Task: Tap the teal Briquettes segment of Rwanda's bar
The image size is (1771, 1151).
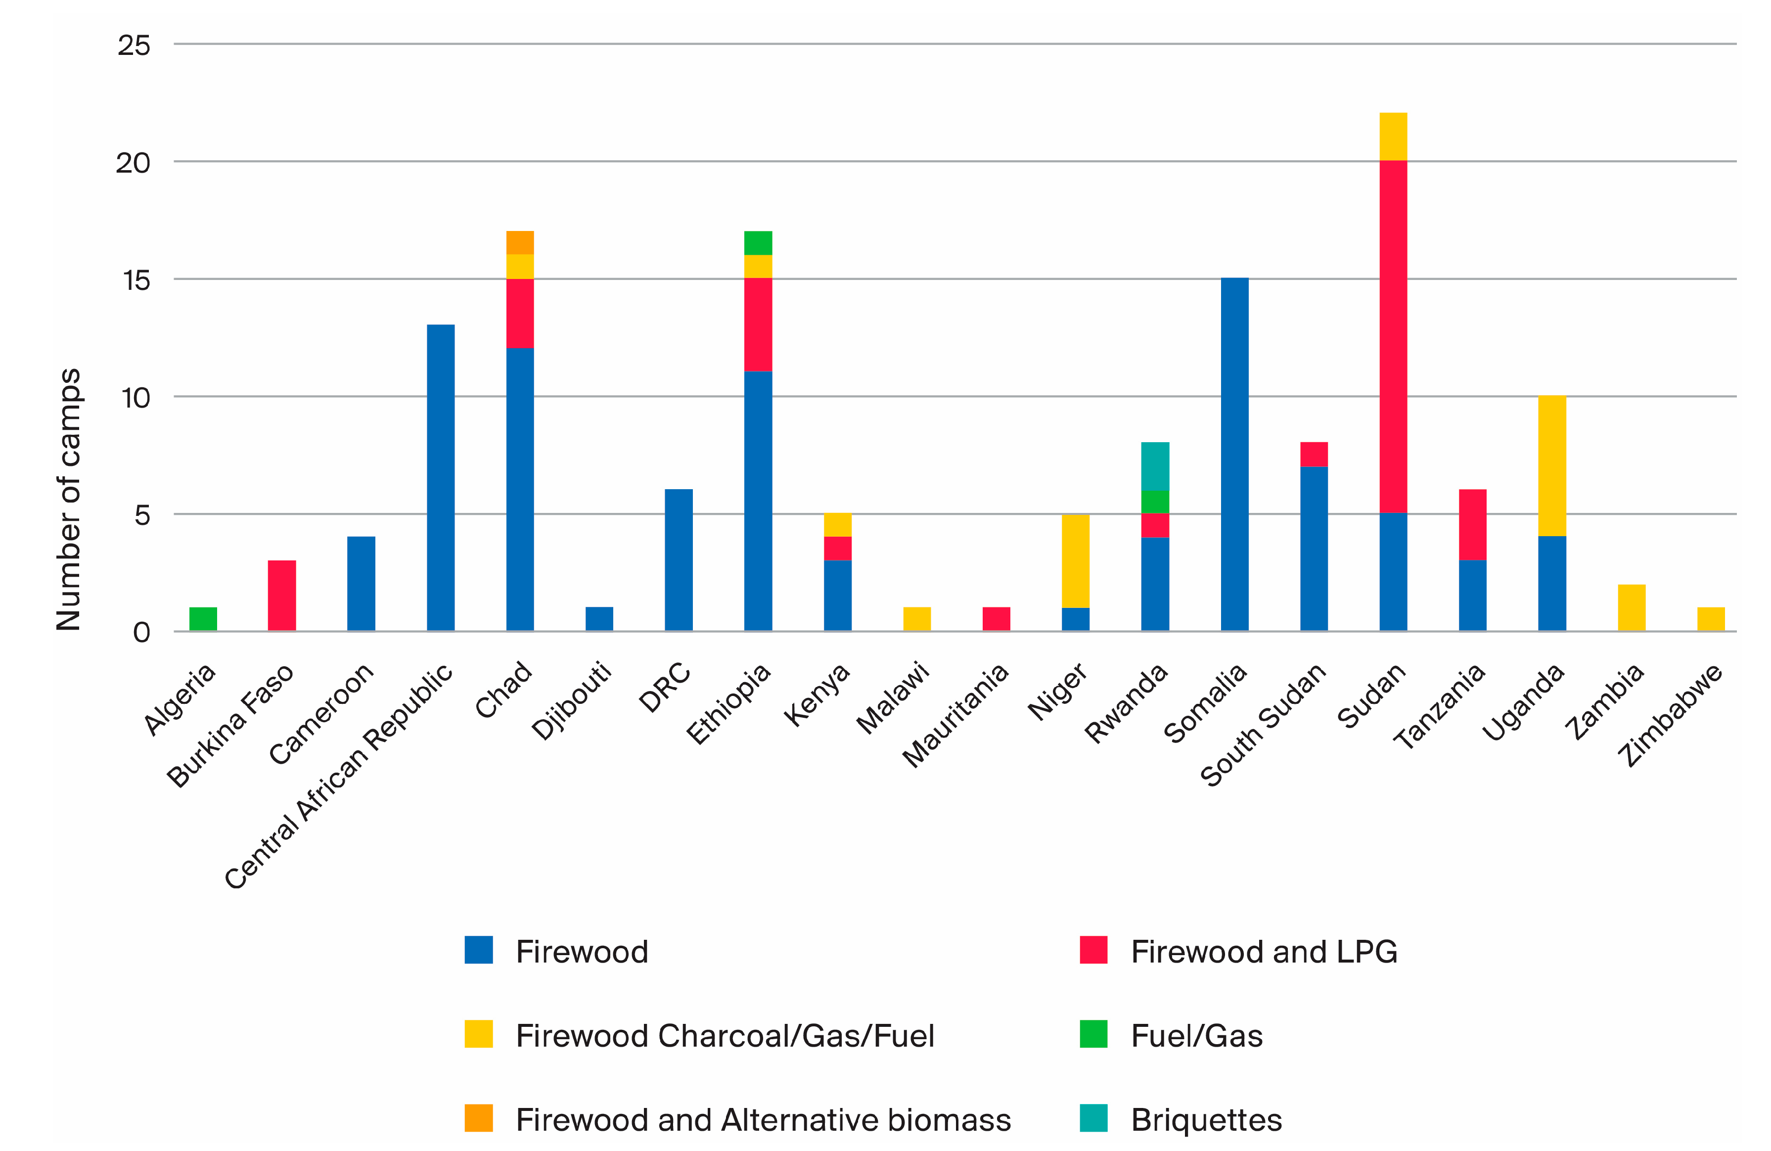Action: tap(1154, 466)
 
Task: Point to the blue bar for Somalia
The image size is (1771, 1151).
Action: tap(1234, 454)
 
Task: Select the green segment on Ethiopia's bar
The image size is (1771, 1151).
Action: tap(758, 242)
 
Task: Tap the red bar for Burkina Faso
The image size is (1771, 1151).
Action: tap(281, 595)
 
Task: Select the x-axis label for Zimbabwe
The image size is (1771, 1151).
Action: tap(1671, 714)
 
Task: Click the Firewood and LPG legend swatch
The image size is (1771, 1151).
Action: tap(1093, 950)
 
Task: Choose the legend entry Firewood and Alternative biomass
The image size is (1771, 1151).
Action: tap(763, 1120)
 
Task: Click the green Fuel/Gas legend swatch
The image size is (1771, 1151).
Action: tap(1093, 1034)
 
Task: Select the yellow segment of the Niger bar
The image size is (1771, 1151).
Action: tap(1075, 560)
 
